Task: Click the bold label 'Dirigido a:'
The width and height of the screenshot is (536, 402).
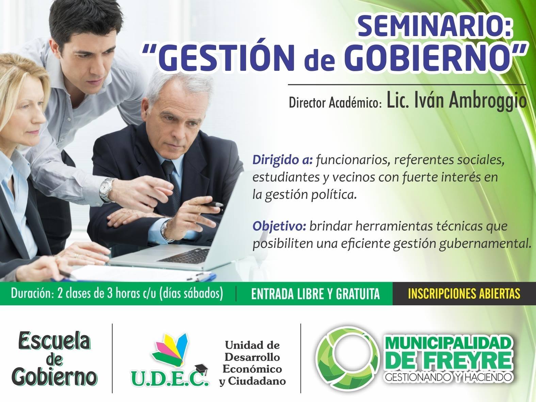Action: point(282,160)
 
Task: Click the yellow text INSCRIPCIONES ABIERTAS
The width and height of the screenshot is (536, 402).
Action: point(464,294)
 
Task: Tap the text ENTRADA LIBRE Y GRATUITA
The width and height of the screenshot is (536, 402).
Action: point(315,294)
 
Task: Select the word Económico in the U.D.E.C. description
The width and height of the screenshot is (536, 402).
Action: point(252,369)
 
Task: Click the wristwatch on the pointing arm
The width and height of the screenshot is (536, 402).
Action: point(107,190)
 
